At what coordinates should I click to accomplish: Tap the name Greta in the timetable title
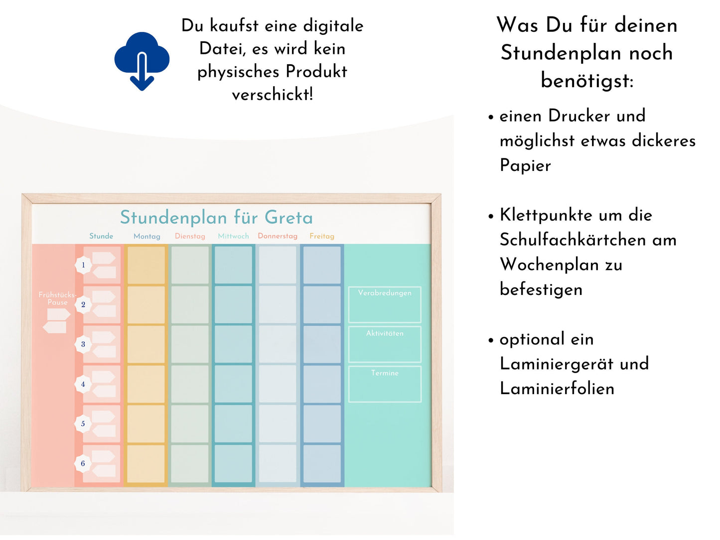(x=288, y=218)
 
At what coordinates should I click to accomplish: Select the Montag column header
(x=147, y=236)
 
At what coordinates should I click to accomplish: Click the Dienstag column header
(x=190, y=236)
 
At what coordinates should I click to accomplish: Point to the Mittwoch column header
(x=233, y=236)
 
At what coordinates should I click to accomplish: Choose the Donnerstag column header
(x=278, y=236)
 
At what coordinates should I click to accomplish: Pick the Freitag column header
(x=322, y=236)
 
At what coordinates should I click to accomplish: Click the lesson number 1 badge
(x=83, y=265)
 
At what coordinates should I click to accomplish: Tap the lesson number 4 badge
(x=83, y=384)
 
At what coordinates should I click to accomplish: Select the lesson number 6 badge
(x=83, y=464)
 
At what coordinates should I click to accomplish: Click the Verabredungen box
(x=385, y=304)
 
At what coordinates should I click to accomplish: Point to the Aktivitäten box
(x=385, y=344)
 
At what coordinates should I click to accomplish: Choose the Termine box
(x=385, y=384)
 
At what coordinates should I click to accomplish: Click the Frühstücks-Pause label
(x=57, y=298)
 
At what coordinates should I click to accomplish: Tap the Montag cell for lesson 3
(x=146, y=344)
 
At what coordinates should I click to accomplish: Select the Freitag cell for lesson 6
(x=322, y=464)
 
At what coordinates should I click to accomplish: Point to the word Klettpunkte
(x=546, y=215)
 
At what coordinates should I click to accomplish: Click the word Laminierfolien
(x=557, y=389)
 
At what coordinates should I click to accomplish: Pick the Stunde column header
(x=101, y=236)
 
